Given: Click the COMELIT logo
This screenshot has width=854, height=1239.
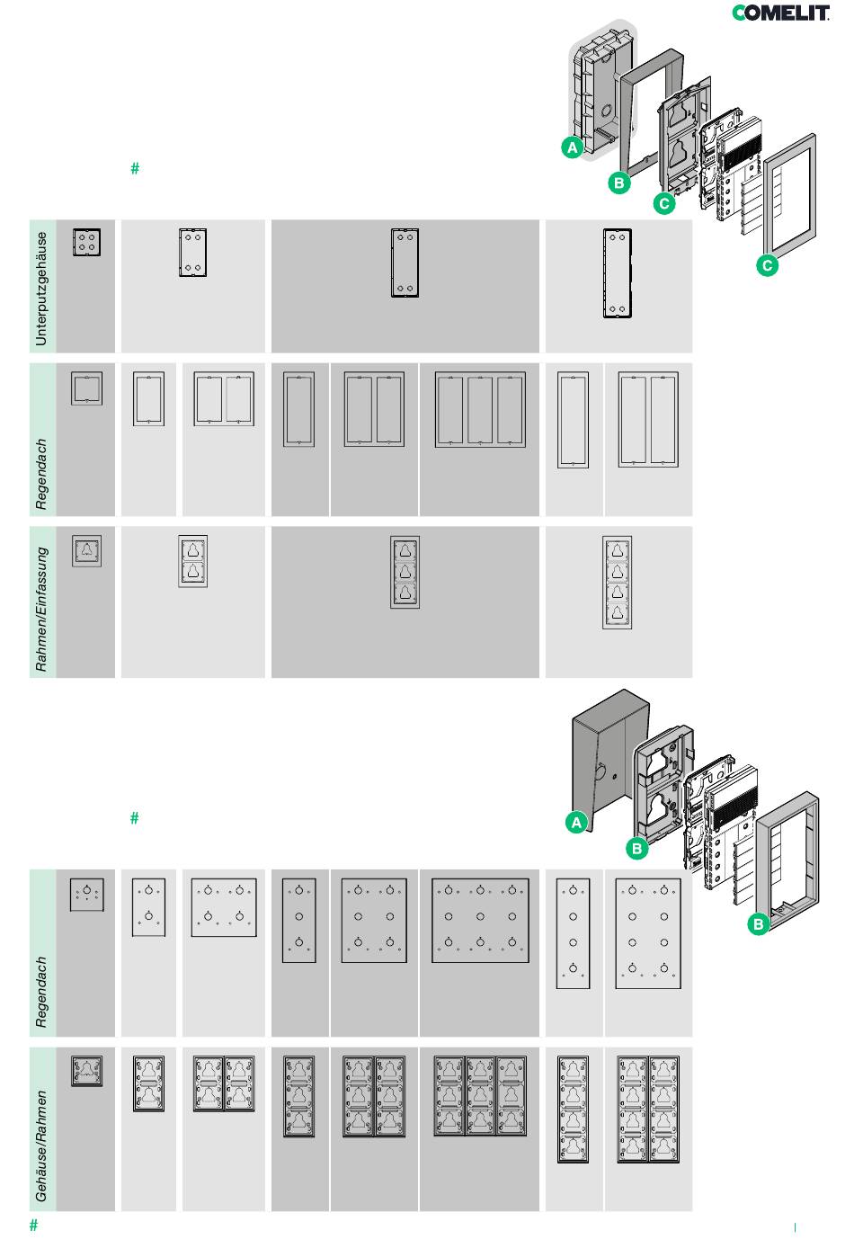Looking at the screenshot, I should click(780, 13).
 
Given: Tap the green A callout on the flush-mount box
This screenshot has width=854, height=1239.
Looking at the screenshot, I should click(573, 147).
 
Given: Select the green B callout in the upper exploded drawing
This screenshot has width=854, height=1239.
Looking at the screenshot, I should click(618, 183).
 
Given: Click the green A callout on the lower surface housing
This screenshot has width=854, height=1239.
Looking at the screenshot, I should click(576, 822).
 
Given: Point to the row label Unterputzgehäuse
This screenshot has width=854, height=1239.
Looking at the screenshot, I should click(41, 289).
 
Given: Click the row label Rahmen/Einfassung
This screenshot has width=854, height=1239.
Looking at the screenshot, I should click(41, 610).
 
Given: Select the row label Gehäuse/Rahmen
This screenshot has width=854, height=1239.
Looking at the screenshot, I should click(41, 1146).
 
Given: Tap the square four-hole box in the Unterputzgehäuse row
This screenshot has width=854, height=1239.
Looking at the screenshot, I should click(86, 242).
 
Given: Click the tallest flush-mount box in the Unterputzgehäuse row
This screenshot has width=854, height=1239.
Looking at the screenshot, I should click(617, 273).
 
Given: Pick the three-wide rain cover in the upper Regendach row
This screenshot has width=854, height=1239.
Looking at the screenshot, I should click(480, 409).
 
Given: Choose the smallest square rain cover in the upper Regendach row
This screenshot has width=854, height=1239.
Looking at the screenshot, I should click(86, 388).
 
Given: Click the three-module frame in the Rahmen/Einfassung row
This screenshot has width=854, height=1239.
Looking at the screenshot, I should click(405, 572).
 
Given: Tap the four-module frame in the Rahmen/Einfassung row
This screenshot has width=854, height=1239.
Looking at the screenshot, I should click(617, 582).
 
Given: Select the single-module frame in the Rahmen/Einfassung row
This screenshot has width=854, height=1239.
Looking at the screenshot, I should click(86, 550).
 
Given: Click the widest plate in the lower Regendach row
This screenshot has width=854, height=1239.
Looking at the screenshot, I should click(480, 921).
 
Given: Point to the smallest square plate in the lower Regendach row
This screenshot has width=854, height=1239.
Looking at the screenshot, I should click(86, 895).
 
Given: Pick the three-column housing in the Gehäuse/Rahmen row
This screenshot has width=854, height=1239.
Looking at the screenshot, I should click(480, 1095).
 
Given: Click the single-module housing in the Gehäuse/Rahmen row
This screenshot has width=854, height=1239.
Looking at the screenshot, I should click(86, 1070).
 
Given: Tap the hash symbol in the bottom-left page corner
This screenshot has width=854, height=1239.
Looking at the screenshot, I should click(34, 1225).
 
